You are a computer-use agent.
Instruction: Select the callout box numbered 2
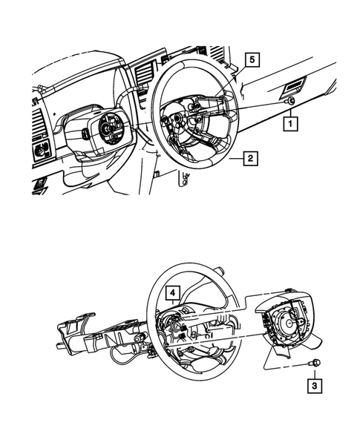pyautogui.click(x=252, y=157)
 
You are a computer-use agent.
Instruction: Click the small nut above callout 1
pyautogui.click(x=291, y=101)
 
